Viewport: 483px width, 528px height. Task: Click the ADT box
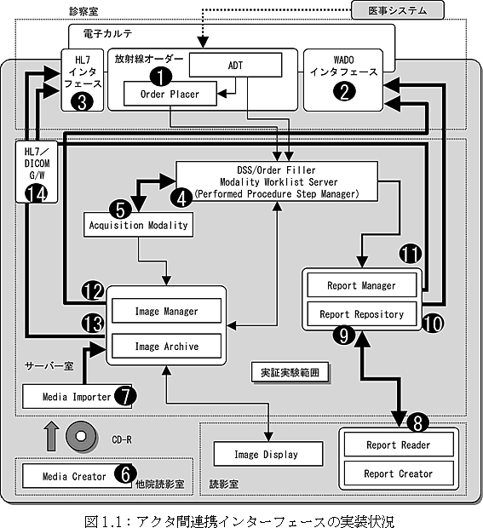tap(235, 65)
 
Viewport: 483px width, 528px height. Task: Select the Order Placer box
tap(170, 94)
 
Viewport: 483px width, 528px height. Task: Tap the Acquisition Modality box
tap(139, 225)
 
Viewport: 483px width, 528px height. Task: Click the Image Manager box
tap(166, 311)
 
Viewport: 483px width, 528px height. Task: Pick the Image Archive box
tap(166, 346)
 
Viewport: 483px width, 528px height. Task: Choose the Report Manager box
tap(362, 285)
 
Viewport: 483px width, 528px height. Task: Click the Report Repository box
tap(362, 314)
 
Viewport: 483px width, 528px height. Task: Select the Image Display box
tap(268, 454)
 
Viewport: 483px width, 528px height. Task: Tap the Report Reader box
tap(399, 445)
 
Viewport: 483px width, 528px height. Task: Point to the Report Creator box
tap(399, 473)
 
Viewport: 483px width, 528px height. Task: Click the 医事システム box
tap(398, 10)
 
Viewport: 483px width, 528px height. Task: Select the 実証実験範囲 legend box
tap(290, 372)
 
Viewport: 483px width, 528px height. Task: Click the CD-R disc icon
tap(81, 436)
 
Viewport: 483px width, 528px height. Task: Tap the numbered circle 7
tap(125, 396)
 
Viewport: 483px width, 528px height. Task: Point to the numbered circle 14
tap(37, 194)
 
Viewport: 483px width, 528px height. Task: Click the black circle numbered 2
tap(344, 91)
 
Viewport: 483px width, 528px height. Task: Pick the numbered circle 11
tap(411, 254)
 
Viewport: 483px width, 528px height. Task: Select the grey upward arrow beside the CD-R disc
tap(51, 436)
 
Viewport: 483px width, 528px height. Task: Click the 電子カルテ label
tap(107, 33)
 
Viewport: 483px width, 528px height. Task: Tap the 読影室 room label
tap(224, 485)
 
